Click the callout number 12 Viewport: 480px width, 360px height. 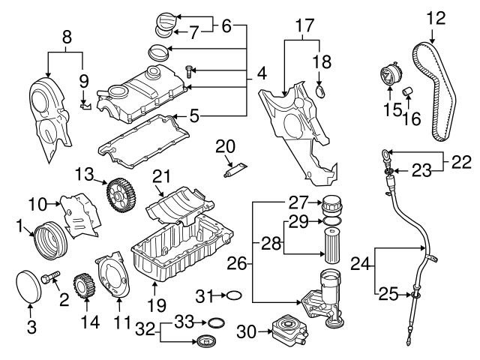(x=435, y=16)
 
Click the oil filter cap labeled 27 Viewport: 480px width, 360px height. (x=331, y=203)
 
